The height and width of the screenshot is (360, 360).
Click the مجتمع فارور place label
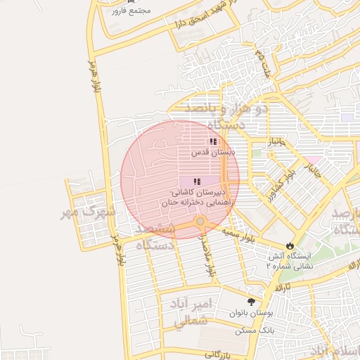pos(131,12)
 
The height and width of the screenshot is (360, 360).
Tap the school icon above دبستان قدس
pos(213,142)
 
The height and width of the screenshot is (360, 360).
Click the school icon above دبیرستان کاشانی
pos(196,181)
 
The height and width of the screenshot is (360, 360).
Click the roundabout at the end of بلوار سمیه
pos(200,222)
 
